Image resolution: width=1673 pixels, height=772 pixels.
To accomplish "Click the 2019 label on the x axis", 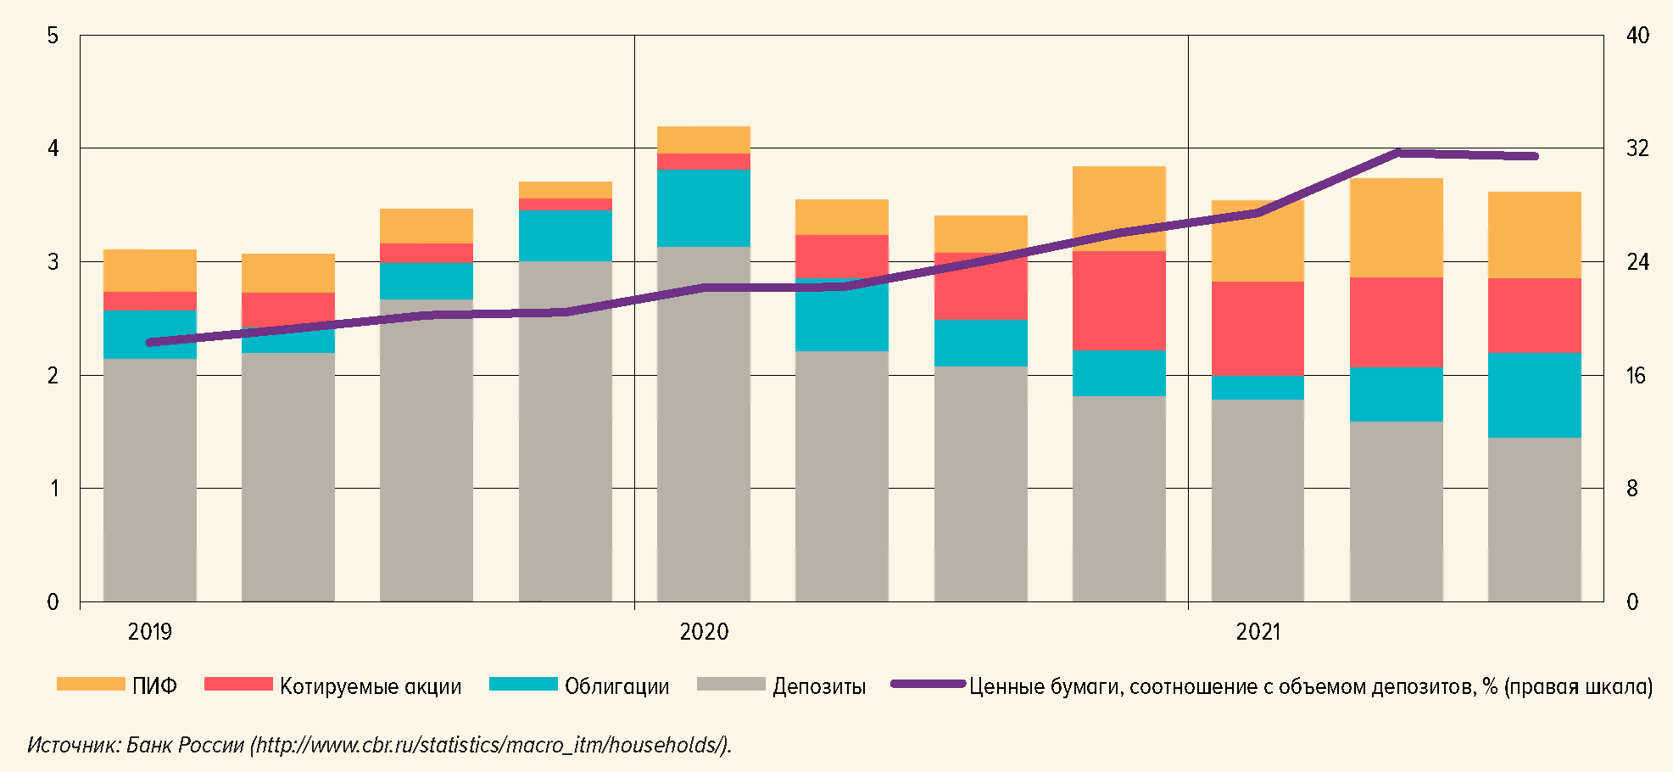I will tap(149, 632).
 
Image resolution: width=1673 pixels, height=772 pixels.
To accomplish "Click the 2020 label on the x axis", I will tap(704, 632).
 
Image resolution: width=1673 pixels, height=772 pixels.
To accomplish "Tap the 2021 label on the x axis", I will tap(1258, 632).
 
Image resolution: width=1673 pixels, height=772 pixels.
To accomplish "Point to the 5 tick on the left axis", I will tap(53, 36).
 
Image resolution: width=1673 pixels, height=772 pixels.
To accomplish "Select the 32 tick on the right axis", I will tap(1637, 148).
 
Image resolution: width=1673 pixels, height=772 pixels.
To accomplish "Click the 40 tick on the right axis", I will tap(1637, 36).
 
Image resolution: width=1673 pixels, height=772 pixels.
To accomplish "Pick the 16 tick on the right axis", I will tap(1636, 375).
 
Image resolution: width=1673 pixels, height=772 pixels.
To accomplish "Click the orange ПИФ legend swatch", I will tap(91, 685).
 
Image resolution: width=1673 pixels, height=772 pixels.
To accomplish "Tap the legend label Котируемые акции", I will tap(371, 686).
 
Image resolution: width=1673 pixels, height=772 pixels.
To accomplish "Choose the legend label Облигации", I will tap(616, 686).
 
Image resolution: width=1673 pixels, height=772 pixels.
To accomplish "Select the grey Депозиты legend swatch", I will tap(730, 685).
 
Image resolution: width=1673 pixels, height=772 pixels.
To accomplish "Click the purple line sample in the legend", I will tap(928, 684).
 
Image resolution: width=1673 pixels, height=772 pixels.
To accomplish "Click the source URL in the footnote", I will tap(491, 745).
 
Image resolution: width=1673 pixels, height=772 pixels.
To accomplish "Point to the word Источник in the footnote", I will tap(73, 745).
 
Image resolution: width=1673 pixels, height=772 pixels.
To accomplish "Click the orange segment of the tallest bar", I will tap(704, 140).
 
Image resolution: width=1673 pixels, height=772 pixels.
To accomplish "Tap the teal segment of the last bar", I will tap(1534, 395).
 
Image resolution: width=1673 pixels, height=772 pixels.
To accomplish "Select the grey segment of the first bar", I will tap(149, 479).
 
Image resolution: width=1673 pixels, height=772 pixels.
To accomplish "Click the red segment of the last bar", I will tap(1534, 316).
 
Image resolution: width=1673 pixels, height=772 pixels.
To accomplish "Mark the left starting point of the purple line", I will tap(150, 343).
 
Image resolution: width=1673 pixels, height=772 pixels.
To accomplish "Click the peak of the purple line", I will tap(1397, 153).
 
